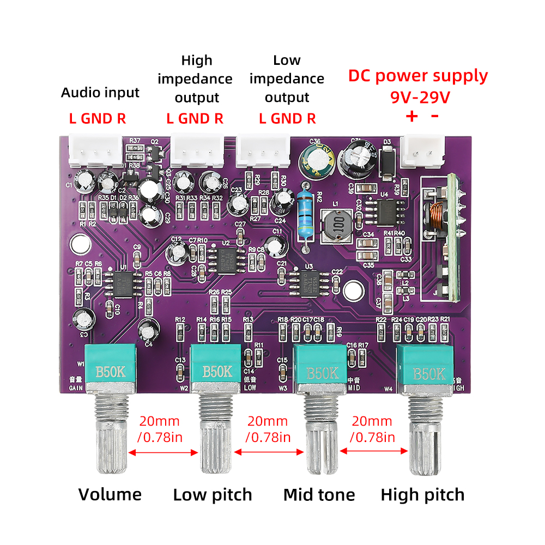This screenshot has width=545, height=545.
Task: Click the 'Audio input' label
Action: (x=100, y=93)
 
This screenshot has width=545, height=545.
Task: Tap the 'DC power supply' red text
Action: (x=418, y=76)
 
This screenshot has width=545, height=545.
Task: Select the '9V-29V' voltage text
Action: (x=420, y=98)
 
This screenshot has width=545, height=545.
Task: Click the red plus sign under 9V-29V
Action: (x=411, y=116)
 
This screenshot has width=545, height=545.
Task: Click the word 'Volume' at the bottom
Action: (x=110, y=495)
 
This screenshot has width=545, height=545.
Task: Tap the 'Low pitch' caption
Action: (x=213, y=495)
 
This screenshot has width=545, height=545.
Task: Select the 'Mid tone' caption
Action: (x=319, y=495)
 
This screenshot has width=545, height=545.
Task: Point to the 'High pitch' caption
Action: (x=422, y=495)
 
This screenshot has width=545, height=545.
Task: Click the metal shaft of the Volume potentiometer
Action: (x=111, y=436)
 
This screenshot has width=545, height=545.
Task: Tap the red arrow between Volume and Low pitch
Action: (x=163, y=452)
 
